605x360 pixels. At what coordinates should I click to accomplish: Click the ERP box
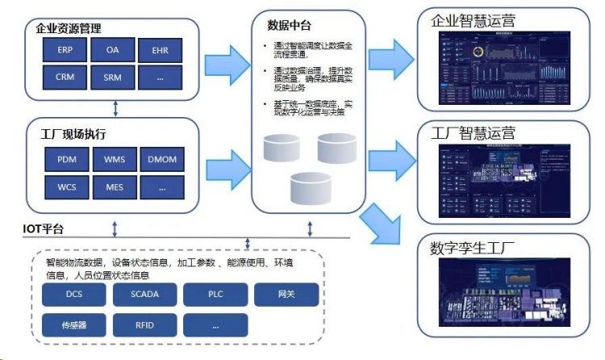[x=65, y=50]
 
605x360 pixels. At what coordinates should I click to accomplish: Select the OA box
[x=113, y=50]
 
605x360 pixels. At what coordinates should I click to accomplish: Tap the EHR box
[x=161, y=50]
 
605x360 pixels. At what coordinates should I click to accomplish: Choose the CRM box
[x=65, y=77]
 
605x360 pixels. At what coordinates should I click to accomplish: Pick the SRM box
[x=113, y=77]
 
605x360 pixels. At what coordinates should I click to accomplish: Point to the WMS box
[x=115, y=159]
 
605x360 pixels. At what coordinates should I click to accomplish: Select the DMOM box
[x=161, y=159]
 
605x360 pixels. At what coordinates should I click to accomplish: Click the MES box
[x=115, y=187]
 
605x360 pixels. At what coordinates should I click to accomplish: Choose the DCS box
[x=74, y=295]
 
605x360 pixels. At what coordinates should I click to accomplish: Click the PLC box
[x=215, y=295]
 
